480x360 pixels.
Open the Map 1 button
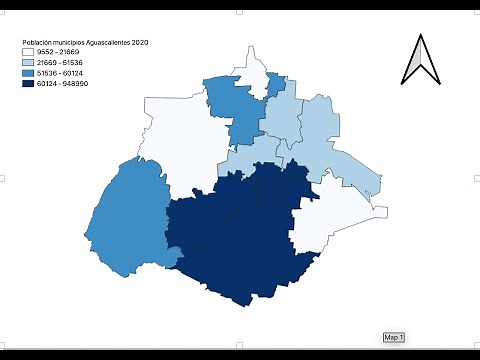point(393,337)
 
